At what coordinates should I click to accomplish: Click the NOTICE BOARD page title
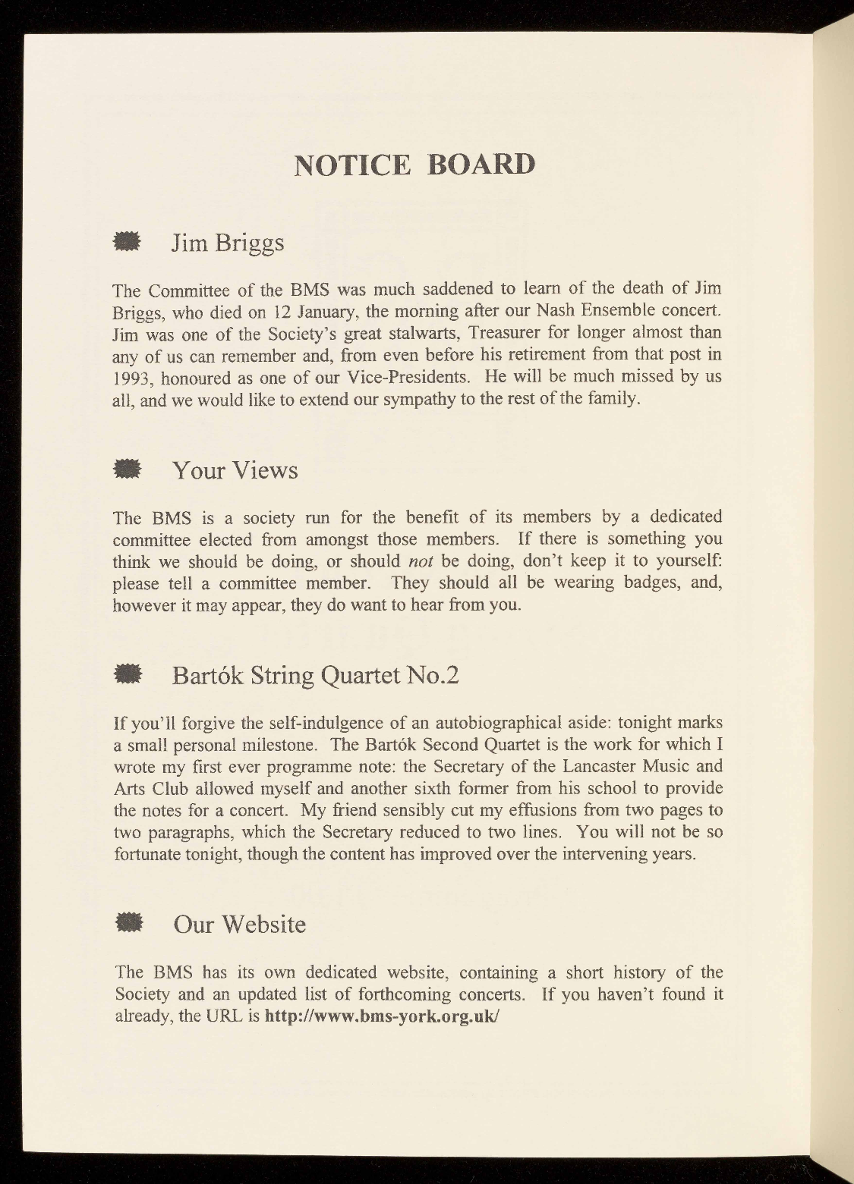[414, 164]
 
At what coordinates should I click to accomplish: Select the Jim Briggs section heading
[228, 243]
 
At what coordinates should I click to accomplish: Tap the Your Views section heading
[235, 470]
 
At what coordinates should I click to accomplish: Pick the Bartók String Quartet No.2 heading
[316, 675]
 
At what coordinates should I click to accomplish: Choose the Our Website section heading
[240, 925]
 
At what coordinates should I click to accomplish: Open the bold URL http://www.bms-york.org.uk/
[382, 1016]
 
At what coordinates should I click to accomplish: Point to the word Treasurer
[507, 333]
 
